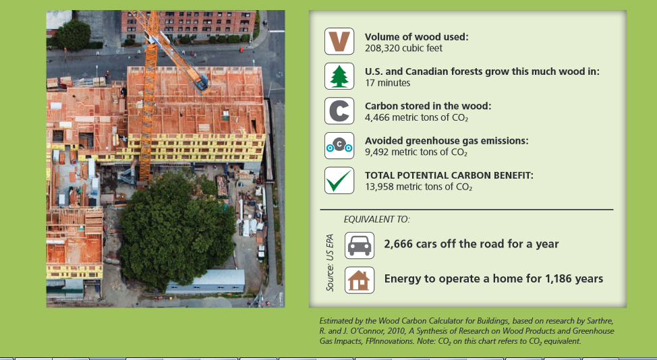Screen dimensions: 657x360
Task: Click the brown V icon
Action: (339, 41)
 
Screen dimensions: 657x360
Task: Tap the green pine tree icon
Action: (339, 76)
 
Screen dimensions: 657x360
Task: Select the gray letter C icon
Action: (339, 111)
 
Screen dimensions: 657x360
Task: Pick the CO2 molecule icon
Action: (339, 145)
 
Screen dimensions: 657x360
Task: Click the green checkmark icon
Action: (339, 180)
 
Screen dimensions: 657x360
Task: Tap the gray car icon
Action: (360, 245)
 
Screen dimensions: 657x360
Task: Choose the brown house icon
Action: (360, 280)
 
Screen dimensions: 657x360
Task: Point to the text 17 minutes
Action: (388, 83)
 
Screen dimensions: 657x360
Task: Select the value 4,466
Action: (377, 117)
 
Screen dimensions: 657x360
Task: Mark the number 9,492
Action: (376, 152)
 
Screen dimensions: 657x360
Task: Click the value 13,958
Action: (379, 187)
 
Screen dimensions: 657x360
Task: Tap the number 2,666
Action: (399, 244)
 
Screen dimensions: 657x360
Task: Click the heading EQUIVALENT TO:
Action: (376, 219)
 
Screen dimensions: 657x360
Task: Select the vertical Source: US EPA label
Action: (330, 262)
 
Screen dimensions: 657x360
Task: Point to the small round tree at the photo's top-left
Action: (73, 35)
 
